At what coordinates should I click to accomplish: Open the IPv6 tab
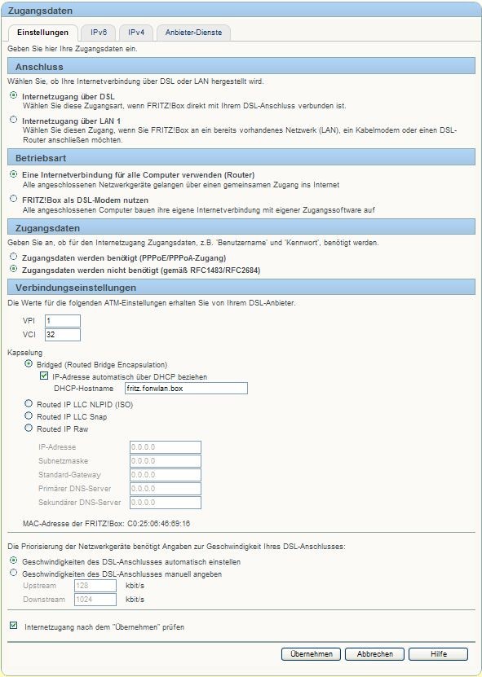click(x=99, y=33)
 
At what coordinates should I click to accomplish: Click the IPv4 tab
click(x=136, y=33)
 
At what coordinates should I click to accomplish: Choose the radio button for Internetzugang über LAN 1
click(x=13, y=121)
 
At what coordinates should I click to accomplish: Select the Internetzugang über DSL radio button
click(x=13, y=96)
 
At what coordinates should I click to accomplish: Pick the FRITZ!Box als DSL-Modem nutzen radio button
click(x=13, y=200)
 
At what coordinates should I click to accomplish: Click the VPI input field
click(x=62, y=321)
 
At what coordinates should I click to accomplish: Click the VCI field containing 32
click(x=62, y=335)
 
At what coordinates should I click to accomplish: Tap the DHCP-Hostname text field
click(x=179, y=389)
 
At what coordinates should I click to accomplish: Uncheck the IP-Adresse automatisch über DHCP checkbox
click(x=45, y=376)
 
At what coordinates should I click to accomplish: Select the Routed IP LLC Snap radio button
click(x=29, y=416)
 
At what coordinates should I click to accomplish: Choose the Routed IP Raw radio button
click(x=29, y=429)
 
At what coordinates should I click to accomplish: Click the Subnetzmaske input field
click(x=165, y=461)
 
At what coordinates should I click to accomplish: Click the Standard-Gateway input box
click(x=165, y=475)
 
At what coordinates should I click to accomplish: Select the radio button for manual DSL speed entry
click(x=13, y=574)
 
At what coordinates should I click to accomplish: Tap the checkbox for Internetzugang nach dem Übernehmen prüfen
click(x=13, y=626)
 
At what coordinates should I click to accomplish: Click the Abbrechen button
click(x=374, y=654)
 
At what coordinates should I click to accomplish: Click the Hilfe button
click(x=438, y=654)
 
